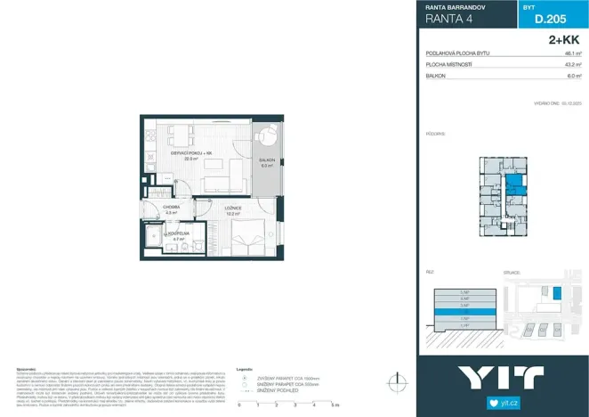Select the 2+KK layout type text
tap(562, 41)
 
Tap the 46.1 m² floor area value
tap(572, 54)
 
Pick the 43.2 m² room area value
tap(572, 65)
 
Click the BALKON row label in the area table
tap(436, 76)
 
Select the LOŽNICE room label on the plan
tap(234, 208)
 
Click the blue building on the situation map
tap(558, 292)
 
